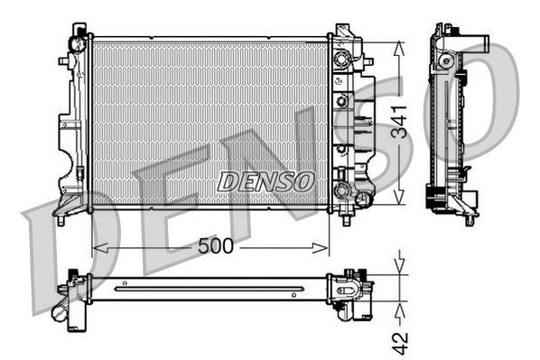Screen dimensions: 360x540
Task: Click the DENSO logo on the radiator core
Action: coord(266,180)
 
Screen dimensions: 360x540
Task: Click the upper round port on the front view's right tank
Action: coord(341,61)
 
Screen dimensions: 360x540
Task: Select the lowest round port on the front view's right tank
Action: coord(341,190)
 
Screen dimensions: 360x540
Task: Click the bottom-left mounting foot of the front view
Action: coord(61,217)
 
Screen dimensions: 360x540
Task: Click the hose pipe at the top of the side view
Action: coord(476,40)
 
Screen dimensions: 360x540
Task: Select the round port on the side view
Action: coord(444,60)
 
